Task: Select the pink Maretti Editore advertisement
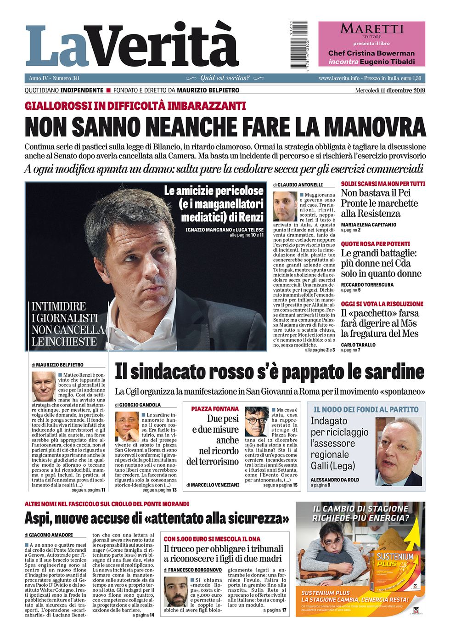[x=371, y=44]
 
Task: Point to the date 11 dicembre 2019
[x=403, y=90]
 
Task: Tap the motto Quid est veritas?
[x=225, y=78]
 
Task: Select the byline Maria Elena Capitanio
[x=368, y=225]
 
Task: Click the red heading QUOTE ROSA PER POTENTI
[x=375, y=244]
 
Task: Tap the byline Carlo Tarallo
[x=358, y=345]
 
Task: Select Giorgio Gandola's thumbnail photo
[x=126, y=426]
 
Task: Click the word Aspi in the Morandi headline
[x=38, y=518]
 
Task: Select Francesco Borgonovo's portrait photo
[x=175, y=591]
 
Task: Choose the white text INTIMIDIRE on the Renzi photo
[x=58, y=306]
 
